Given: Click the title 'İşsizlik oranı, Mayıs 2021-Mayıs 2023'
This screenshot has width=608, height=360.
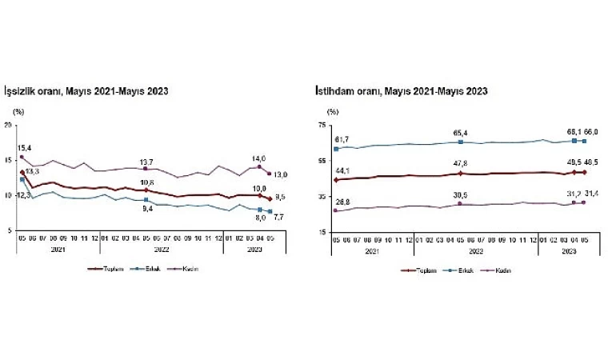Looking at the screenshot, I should (x=86, y=91).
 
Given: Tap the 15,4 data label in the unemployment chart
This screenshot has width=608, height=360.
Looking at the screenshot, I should (x=24, y=148).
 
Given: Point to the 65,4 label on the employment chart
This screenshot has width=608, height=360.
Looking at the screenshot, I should (x=460, y=133).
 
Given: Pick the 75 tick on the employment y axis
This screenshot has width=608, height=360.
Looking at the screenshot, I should (x=322, y=125).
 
